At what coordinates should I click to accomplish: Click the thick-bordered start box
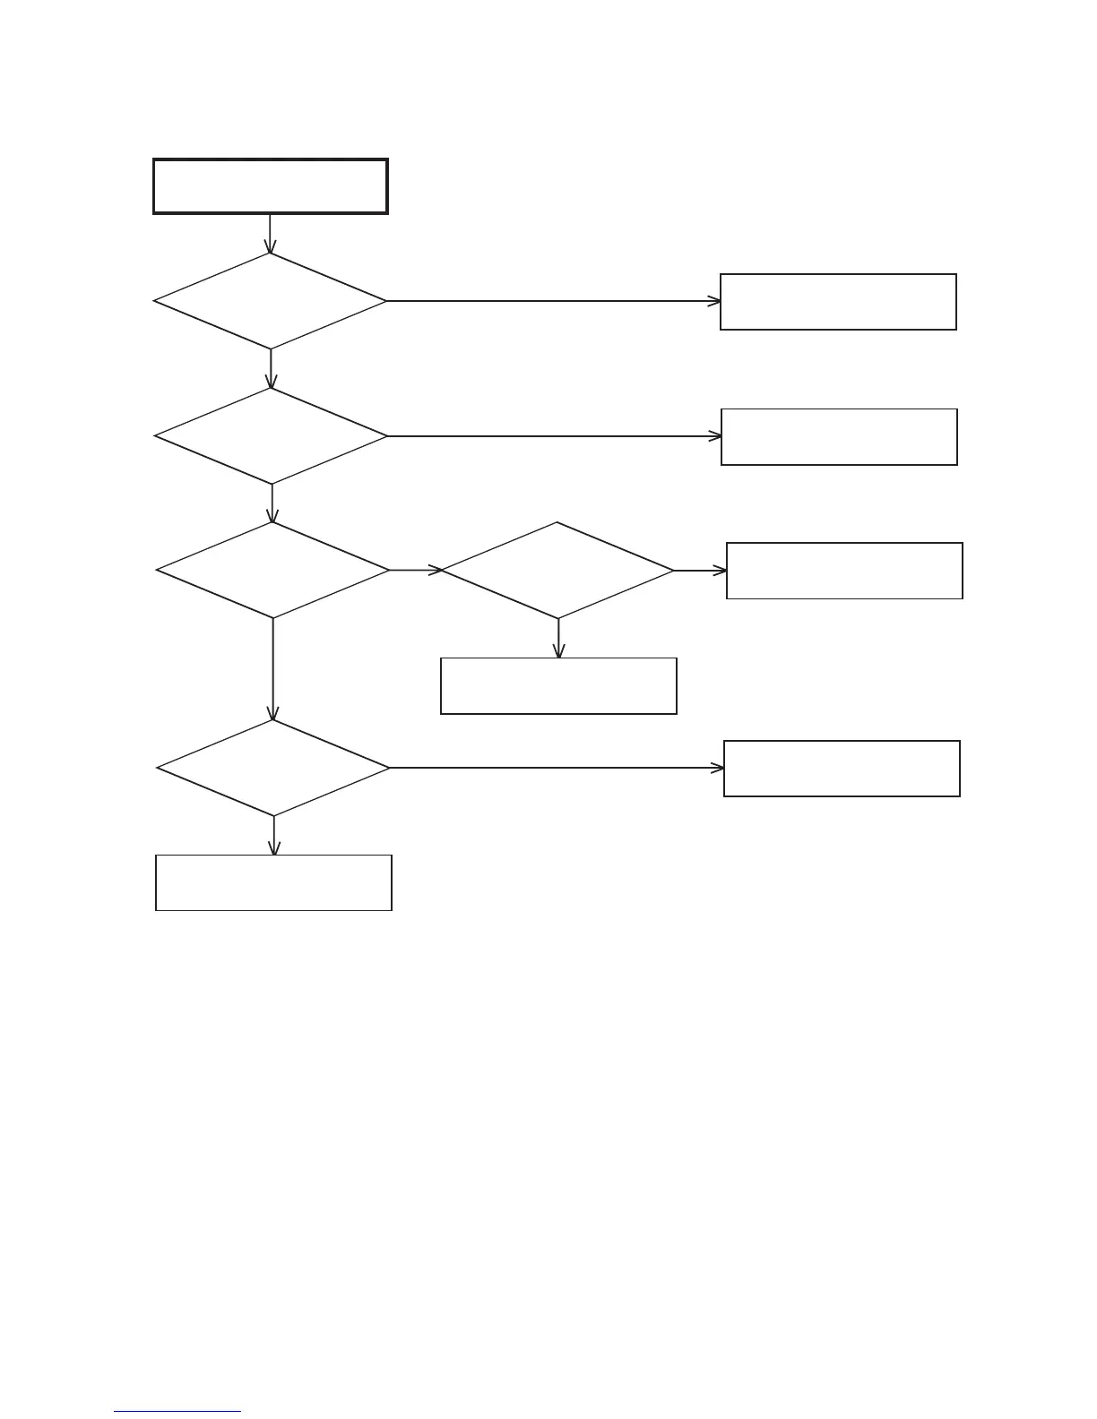(270, 186)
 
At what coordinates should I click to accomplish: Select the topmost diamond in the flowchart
(270, 301)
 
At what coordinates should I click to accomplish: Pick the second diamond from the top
(271, 436)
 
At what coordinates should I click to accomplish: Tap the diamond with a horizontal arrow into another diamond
(272, 570)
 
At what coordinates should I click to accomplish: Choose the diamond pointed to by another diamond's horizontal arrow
(557, 570)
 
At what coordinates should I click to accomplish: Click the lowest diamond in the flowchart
(273, 768)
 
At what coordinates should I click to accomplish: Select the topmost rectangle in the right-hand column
(838, 302)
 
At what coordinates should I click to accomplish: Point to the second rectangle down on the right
(839, 437)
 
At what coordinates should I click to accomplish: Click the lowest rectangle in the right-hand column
(842, 769)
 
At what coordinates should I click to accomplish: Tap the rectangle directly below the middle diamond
(558, 686)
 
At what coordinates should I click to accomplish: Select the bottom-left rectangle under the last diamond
(273, 883)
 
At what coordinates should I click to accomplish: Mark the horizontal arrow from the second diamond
(554, 436)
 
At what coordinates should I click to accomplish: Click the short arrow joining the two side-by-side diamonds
(415, 570)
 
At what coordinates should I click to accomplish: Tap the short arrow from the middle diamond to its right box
(699, 570)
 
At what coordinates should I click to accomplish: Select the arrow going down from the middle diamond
(558, 638)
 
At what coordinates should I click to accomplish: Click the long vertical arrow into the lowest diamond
(272, 668)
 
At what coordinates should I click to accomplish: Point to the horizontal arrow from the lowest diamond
(556, 768)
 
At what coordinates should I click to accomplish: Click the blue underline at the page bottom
(177, 1412)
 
